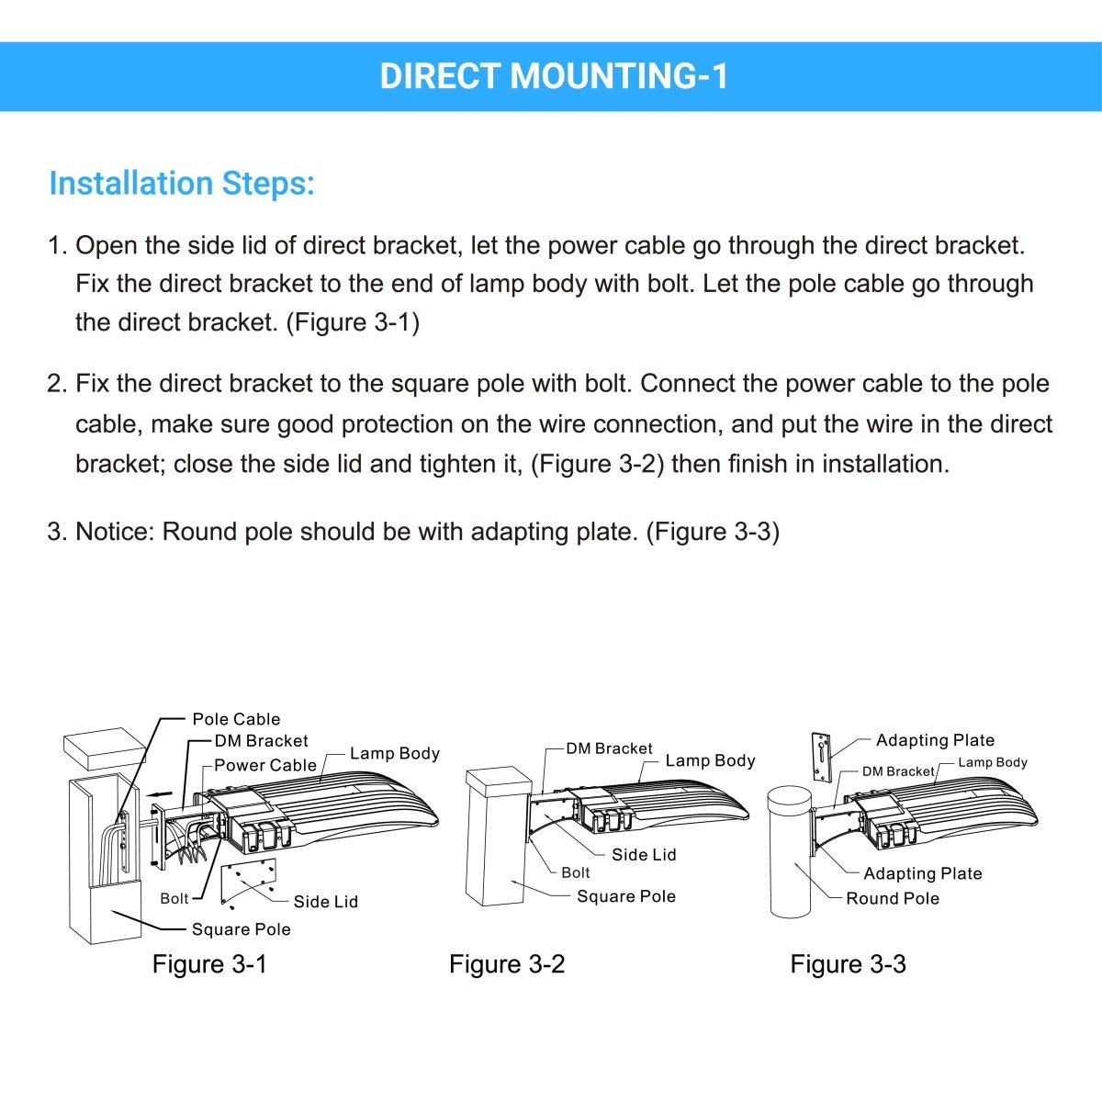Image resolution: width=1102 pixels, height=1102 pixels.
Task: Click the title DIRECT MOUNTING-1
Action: coord(554,76)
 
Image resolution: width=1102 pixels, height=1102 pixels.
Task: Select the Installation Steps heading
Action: coord(182,184)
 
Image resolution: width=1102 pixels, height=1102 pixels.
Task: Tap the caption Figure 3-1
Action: coord(209,964)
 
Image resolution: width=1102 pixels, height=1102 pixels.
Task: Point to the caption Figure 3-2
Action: coord(507,964)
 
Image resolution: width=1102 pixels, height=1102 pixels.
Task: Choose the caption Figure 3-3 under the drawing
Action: coord(848,964)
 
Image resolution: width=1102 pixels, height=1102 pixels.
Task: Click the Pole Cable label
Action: coord(236,719)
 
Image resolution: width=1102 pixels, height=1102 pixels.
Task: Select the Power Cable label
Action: coord(265,765)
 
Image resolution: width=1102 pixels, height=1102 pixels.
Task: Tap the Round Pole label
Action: coord(893,898)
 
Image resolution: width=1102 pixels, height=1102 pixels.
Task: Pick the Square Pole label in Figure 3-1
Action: coord(241,929)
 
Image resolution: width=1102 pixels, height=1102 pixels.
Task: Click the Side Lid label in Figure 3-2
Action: coord(644,854)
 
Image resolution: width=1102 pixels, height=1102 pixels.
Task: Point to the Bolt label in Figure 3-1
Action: coord(174,898)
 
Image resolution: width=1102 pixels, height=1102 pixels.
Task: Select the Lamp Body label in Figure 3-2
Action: coord(710,760)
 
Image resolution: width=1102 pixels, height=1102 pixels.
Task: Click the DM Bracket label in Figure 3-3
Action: coord(897,771)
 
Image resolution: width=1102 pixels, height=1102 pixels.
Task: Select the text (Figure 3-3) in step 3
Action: coord(713,532)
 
